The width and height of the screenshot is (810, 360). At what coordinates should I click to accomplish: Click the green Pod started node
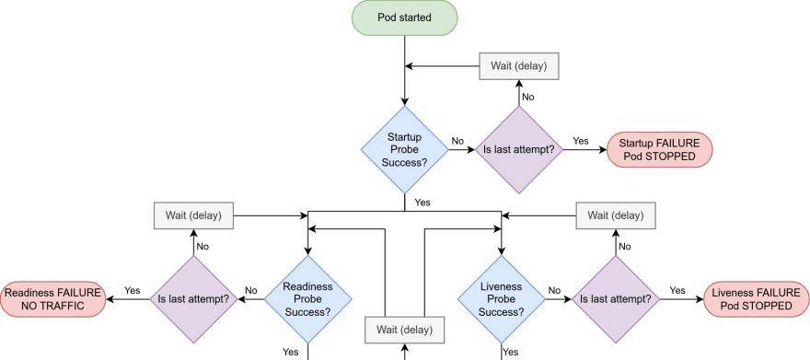[404, 18]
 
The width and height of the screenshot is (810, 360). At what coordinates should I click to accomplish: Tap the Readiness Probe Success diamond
[307, 298]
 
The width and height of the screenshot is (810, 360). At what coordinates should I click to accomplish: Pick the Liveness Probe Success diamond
[502, 298]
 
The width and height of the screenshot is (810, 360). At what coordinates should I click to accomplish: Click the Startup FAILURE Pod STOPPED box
[659, 149]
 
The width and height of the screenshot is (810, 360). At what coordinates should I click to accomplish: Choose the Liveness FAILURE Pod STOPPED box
[757, 298]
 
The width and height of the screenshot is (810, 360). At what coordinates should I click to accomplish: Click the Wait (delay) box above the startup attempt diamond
[519, 65]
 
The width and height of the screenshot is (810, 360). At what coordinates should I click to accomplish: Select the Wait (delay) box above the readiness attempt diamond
[193, 215]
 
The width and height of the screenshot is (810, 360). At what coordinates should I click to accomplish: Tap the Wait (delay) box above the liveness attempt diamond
[616, 215]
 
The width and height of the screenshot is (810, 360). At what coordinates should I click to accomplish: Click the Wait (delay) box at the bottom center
[404, 329]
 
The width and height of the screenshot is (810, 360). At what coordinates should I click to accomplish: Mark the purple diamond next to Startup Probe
[519, 149]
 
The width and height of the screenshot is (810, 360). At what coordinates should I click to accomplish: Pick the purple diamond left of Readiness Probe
[193, 298]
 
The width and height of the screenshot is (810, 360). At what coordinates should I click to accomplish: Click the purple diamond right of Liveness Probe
[616, 298]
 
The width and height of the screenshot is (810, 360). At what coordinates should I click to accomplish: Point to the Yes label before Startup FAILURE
[581, 141]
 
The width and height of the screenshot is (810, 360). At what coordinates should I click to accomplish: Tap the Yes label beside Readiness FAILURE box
[132, 290]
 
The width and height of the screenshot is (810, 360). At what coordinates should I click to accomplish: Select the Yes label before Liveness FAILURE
[677, 290]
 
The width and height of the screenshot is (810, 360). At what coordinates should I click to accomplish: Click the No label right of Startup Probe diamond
[457, 141]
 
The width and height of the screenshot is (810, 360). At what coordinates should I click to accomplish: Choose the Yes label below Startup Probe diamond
[422, 202]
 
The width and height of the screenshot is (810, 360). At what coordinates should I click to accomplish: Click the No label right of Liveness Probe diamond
[554, 290]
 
